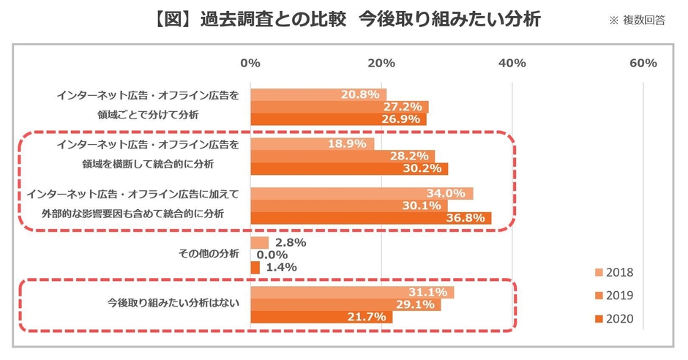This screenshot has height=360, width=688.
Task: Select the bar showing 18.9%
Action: pyautogui.click(x=313, y=143)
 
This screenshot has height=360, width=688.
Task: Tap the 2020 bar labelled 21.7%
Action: pyautogui.click(x=321, y=317)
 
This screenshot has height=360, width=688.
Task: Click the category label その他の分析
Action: pyautogui.click(x=209, y=254)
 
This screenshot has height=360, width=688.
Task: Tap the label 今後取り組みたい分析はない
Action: pyautogui.click(x=173, y=302)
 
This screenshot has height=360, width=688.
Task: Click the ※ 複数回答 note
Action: pyautogui.click(x=636, y=20)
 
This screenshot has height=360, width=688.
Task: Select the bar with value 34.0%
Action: pyautogui.click(x=362, y=193)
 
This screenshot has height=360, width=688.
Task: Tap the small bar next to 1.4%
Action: pyautogui.click(x=255, y=268)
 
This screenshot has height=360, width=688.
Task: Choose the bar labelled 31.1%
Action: pyautogui.click(x=352, y=292)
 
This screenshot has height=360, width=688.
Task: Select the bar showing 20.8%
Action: pyautogui.click(x=318, y=94)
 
